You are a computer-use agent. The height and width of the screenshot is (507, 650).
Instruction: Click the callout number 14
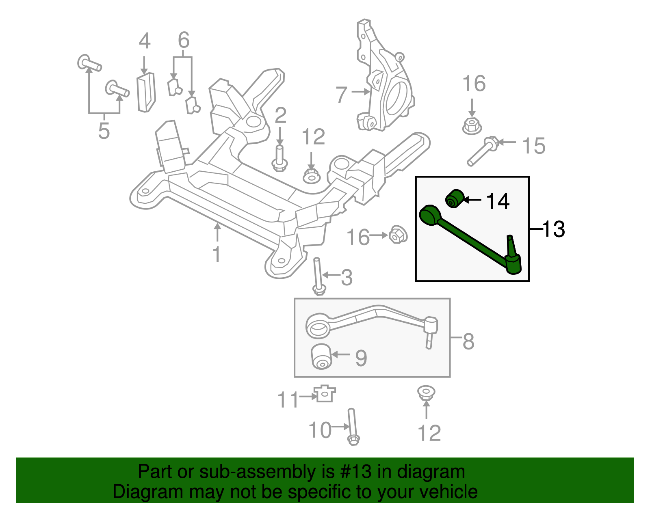[x=498, y=201]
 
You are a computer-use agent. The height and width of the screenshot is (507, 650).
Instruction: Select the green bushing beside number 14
[x=454, y=198]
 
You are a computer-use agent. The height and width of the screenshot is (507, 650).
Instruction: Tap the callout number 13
[x=553, y=229]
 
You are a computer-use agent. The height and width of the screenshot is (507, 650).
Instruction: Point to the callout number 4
[x=145, y=41]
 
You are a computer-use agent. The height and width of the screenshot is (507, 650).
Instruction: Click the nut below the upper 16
[x=472, y=125]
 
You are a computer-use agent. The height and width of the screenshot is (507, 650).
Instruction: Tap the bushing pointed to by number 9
[x=321, y=356]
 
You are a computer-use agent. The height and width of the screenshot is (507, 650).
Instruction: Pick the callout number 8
[x=468, y=341]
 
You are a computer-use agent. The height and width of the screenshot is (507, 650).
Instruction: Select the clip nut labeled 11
[x=325, y=393]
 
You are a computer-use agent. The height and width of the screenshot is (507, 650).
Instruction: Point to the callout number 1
[x=217, y=255]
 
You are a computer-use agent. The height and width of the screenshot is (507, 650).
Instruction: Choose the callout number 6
[x=184, y=40]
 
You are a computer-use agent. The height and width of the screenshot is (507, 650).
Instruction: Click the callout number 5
[x=104, y=131]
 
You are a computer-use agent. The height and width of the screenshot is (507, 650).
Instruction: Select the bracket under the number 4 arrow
[x=146, y=92]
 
